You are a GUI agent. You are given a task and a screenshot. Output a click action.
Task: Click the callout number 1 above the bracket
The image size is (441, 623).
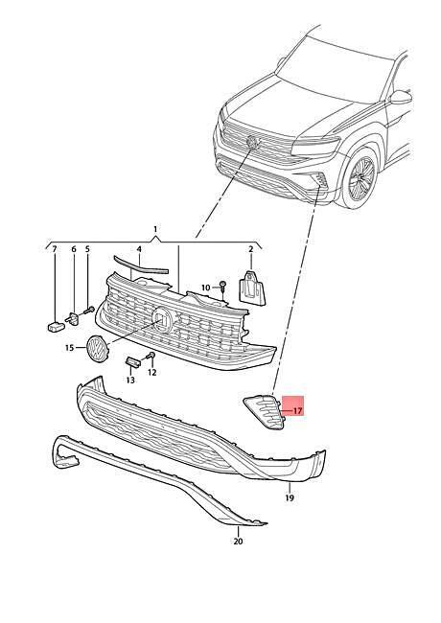click(155, 229)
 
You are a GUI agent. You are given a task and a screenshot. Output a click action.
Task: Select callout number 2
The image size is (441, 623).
click(250, 249)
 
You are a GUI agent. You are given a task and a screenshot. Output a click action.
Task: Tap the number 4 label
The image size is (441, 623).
click(139, 249)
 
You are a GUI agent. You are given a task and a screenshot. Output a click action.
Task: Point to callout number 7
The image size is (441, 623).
click(55, 249)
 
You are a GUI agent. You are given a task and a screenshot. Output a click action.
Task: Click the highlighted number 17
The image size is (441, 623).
click(298, 411)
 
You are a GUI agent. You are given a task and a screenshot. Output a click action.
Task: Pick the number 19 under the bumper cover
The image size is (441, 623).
click(290, 497)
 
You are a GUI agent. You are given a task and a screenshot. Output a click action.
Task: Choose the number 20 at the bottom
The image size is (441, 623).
click(238, 542)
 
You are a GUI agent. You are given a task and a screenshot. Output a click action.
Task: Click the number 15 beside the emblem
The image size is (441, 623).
click(70, 348)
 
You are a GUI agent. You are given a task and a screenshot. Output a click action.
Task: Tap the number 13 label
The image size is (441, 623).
click(130, 381)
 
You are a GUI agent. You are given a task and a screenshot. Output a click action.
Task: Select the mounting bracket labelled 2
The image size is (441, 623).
click(252, 288)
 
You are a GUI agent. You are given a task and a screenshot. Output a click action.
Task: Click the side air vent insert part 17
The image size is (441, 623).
click(265, 412)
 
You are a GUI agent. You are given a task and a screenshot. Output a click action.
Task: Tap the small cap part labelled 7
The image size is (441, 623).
click(56, 327)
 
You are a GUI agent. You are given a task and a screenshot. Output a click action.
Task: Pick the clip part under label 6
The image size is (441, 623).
click(74, 318)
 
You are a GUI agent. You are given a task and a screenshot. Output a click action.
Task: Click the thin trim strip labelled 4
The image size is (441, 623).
click(141, 265)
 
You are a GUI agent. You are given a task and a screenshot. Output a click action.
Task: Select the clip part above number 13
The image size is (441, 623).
click(133, 361)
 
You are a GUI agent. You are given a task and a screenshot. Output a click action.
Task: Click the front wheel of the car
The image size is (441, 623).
click(360, 178)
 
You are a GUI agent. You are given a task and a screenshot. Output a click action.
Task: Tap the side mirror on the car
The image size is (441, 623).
click(400, 97)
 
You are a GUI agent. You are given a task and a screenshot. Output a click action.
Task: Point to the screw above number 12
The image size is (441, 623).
click(151, 356)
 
